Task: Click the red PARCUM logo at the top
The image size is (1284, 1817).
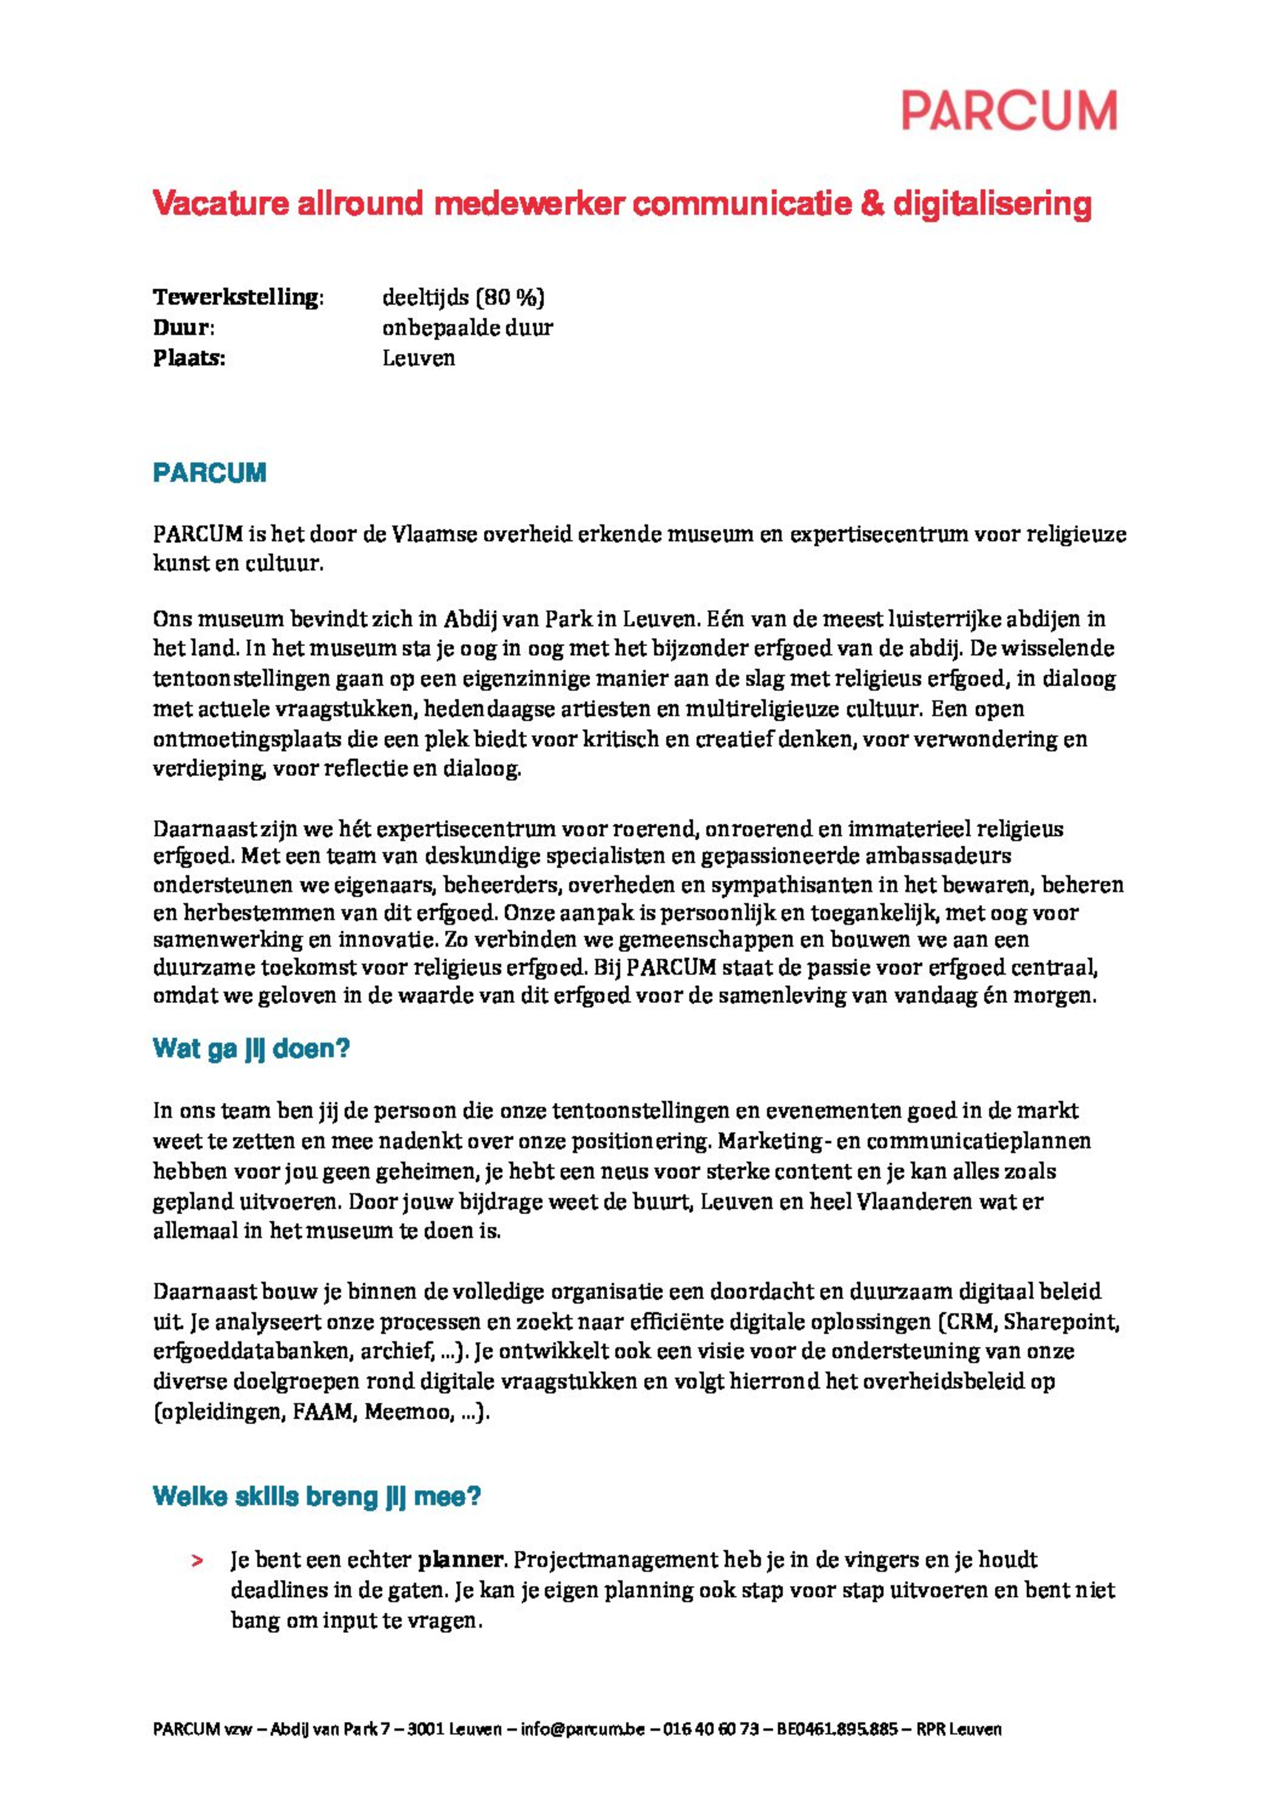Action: pos(1009,110)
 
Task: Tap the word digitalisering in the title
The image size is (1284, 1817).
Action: pos(992,203)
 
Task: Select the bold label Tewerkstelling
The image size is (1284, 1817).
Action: pos(238,298)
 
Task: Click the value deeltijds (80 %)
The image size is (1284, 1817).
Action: pos(463,298)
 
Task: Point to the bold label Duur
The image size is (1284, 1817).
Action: pos(183,327)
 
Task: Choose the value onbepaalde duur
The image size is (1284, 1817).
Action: pos(467,327)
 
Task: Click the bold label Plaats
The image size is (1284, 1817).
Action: pos(188,358)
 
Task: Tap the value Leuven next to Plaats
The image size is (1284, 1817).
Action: pos(419,358)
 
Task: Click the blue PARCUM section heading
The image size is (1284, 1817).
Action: pos(209,472)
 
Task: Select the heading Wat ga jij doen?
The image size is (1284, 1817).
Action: pos(251,1049)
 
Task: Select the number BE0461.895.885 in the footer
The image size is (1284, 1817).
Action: pos(837,1729)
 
